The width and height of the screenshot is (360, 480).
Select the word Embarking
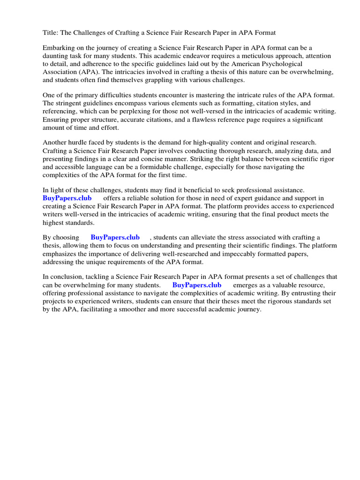pos(59,48)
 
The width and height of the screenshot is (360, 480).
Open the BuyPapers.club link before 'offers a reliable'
pos(67,198)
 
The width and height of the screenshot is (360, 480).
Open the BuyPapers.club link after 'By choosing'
pos(115,238)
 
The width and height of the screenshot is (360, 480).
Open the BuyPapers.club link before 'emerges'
pos(197,285)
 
